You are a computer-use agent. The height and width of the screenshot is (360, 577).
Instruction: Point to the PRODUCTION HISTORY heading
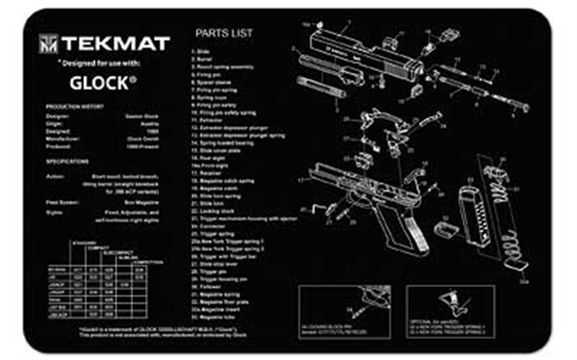(73, 108)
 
